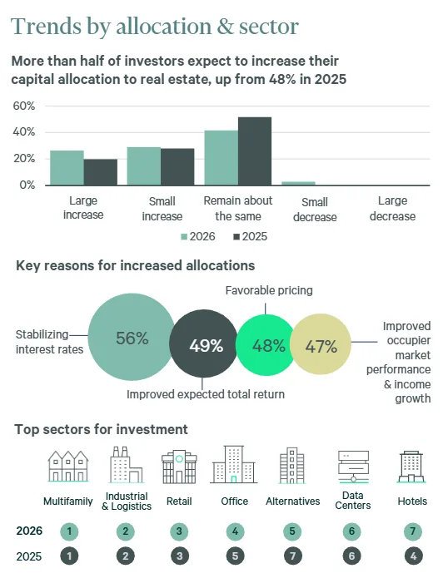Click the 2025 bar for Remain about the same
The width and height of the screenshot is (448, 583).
tap(255, 151)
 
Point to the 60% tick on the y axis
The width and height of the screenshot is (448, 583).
tap(23, 106)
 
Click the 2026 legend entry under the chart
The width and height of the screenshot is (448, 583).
tap(198, 237)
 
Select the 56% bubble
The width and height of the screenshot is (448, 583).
tap(131, 338)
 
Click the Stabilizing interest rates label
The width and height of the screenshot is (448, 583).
tap(49, 342)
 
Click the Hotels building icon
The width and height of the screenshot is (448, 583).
tap(412, 467)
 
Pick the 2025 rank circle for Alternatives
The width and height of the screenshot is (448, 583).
tap(292, 557)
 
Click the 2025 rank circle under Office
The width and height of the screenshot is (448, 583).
tap(234, 557)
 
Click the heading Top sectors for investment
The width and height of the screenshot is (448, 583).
tap(101, 429)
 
